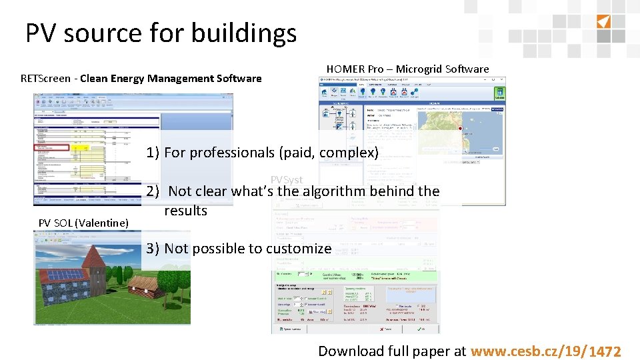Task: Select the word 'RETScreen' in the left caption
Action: [x=45, y=79]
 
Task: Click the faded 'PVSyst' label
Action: [x=287, y=180]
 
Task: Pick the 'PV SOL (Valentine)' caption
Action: [x=83, y=223]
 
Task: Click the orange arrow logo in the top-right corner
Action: [x=602, y=21]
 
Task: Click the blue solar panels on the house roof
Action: [x=65, y=274]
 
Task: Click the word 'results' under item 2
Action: [x=186, y=211]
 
